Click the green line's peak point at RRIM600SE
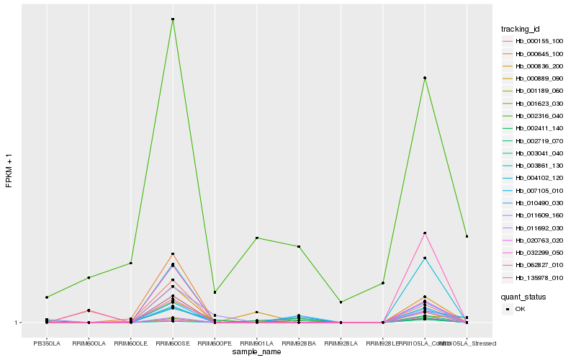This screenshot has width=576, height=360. [173, 19]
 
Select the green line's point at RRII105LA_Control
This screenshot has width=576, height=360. [425, 78]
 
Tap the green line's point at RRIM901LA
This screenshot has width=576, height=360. [257, 238]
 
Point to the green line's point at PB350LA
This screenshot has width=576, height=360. [47, 297]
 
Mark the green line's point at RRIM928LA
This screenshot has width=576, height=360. [341, 302]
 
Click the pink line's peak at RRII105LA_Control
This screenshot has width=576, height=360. [425, 233]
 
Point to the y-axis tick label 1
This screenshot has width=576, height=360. [18, 323]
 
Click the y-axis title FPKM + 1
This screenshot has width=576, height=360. [9, 171]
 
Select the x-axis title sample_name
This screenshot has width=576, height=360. [257, 352]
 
